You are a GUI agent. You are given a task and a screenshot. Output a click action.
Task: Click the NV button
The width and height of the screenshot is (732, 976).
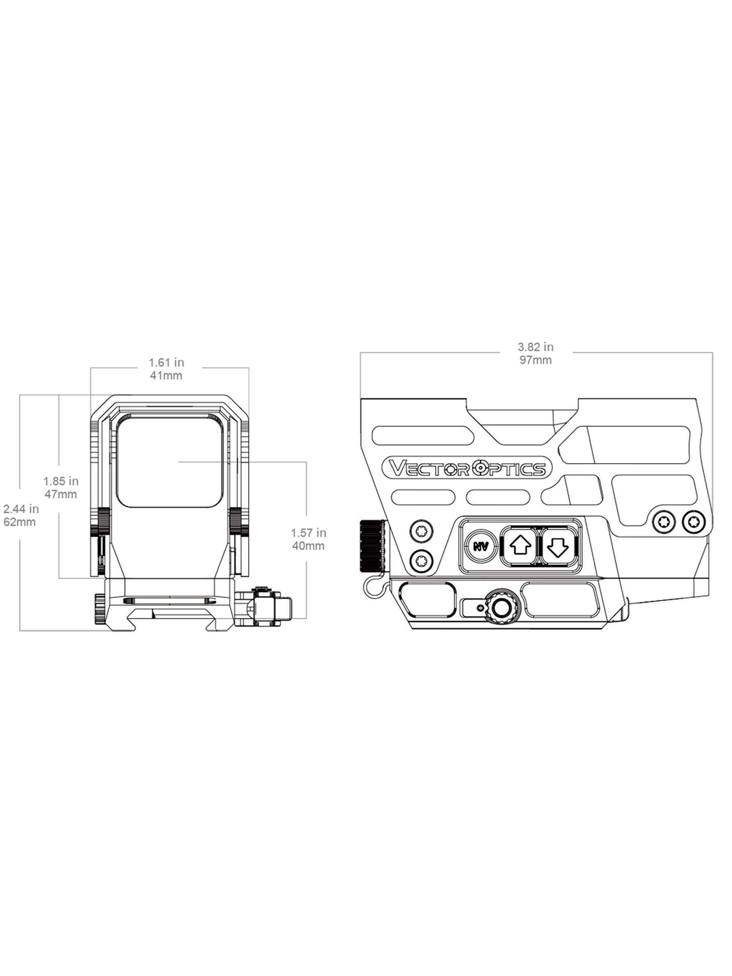click(481, 547)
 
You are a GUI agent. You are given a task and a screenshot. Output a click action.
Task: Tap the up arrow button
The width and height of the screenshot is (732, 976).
click(519, 547)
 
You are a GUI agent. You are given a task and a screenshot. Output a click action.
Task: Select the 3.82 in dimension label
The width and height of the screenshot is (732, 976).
click(536, 347)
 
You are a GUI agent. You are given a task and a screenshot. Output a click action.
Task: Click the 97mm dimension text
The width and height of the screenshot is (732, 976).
click(536, 360)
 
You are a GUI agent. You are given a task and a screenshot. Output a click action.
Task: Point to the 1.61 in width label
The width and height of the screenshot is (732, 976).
click(166, 363)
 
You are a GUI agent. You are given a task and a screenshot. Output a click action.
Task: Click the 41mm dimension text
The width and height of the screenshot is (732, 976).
click(166, 375)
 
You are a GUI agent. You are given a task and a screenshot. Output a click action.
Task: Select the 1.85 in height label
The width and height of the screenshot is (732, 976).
click(61, 481)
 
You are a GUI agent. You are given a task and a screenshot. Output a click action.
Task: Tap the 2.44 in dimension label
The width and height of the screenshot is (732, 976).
click(21, 509)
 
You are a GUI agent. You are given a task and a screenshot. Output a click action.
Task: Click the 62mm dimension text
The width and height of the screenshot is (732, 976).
click(19, 522)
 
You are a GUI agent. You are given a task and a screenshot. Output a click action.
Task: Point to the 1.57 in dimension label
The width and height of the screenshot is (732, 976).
click(308, 533)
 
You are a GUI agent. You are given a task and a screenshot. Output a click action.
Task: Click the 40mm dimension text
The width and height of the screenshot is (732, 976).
click(308, 546)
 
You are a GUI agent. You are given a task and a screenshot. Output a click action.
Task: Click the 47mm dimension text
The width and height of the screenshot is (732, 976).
click(61, 494)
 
